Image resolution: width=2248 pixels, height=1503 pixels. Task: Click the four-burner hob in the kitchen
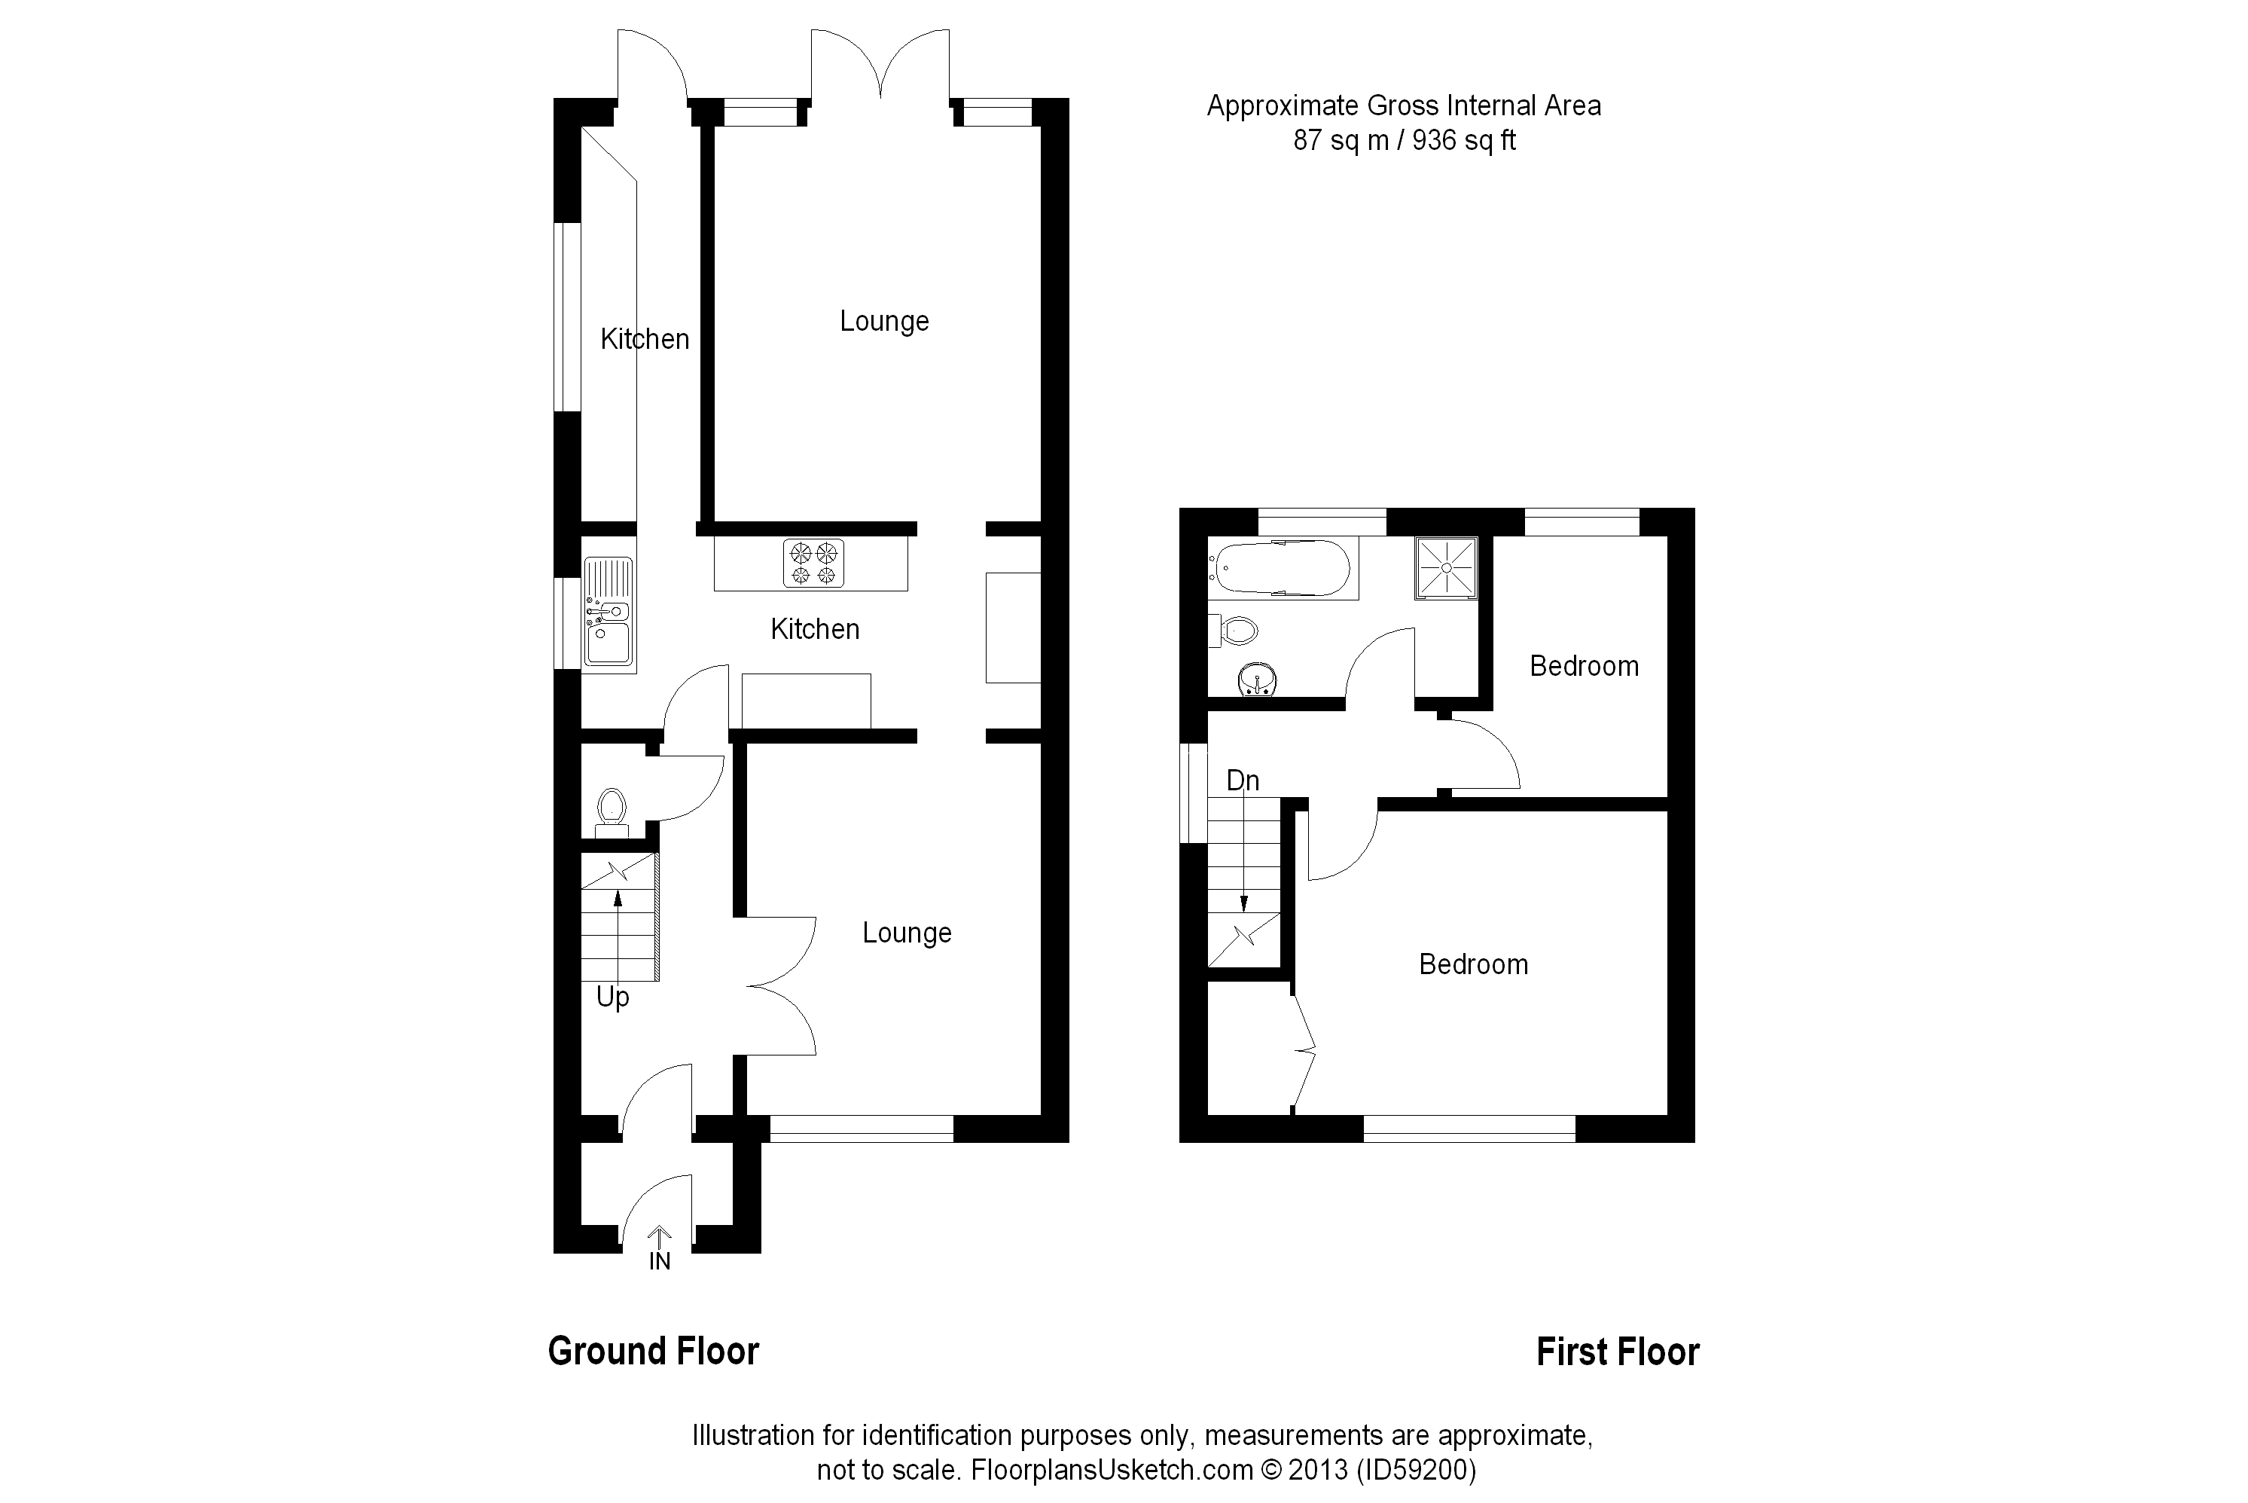813,563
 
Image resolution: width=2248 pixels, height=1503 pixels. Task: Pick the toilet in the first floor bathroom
1237,630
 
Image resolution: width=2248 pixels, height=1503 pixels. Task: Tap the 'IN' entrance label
659,1261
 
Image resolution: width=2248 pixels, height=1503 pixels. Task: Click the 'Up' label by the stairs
612,997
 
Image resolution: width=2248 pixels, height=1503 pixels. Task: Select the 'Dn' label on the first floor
1243,781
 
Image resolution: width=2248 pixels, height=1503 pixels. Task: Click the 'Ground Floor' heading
654,1352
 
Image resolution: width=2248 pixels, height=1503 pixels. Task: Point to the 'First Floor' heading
1618,1352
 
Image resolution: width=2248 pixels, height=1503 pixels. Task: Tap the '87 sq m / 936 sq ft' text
1404,141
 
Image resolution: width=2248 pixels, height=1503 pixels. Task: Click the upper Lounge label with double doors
883,321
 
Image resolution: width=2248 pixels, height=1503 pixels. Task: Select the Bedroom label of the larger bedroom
1473,964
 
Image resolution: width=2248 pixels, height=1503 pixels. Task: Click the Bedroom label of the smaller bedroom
1583,666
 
